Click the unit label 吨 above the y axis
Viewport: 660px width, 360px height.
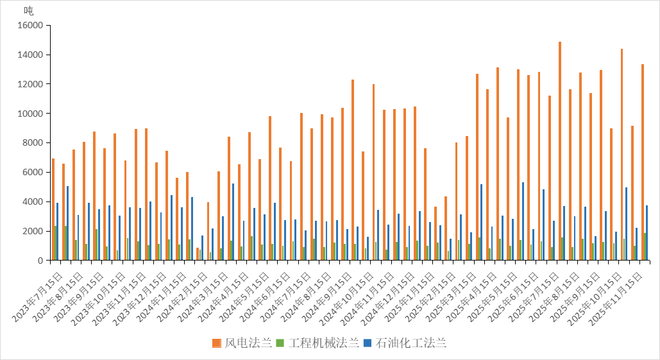[28, 11]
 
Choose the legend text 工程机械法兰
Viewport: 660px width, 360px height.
[323, 343]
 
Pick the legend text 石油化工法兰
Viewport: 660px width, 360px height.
[410, 343]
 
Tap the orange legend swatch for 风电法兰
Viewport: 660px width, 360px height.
[217, 343]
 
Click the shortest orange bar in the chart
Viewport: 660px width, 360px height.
[197, 253]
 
